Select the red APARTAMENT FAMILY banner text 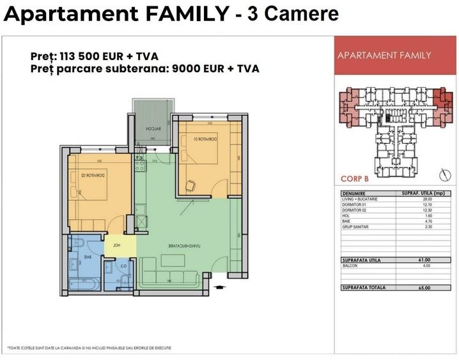click(384, 56)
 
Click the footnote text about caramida click(89, 347)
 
